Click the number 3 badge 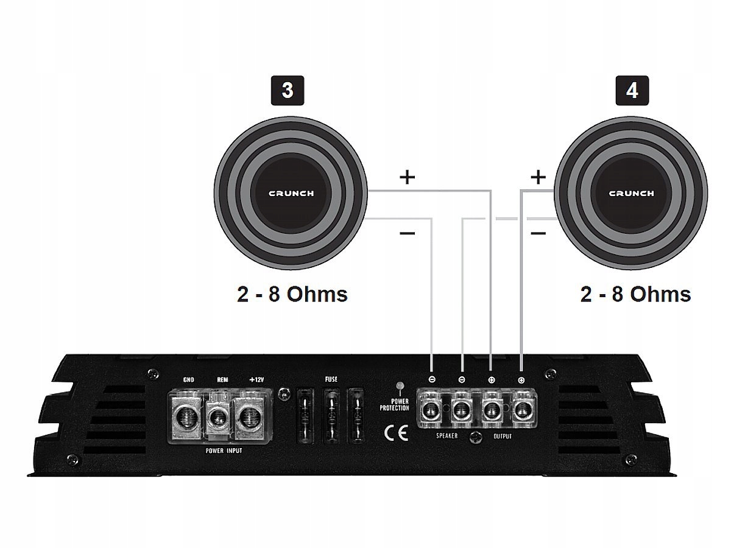pyautogui.click(x=287, y=90)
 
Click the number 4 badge pyautogui.click(x=632, y=90)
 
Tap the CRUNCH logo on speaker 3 pyautogui.click(x=292, y=194)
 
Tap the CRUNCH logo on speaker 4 pyautogui.click(x=632, y=194)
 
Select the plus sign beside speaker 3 pyautogui.click(x=407, y=177)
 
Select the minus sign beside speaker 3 pyautogui.click(x=408, y=233)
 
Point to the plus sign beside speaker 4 pyautogui.click(x=538, y=177)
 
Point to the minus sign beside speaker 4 pyautogui.click(x=538, y=233)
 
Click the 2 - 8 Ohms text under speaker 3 pyautogui.click(x=292, y=294)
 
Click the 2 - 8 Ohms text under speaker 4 pyautogui.click(x=636, y=294)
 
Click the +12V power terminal pyautogui.click(x=249, y=418)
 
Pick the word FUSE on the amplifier pyautogui.click(x=331, y=379)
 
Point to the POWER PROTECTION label pyautogui.click(x=394, y=404)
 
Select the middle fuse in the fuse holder pyautogui.click(x=331, y=418)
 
